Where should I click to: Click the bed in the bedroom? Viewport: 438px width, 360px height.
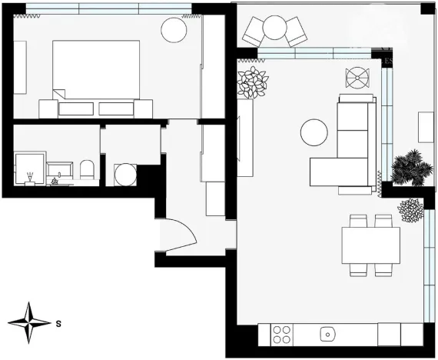point(96,69)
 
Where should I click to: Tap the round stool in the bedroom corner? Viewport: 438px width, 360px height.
point(173,31)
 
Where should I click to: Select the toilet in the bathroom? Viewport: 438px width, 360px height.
point(86,171)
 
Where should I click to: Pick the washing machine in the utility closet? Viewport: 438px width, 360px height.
point(123,174)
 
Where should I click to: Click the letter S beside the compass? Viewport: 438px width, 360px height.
point(58,324)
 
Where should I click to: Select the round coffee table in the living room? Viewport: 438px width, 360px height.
point(314,132)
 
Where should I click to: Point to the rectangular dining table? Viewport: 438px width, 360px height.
point(370,245)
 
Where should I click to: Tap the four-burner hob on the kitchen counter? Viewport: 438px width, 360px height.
point(282,335)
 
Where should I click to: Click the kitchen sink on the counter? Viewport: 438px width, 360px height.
point(327,335)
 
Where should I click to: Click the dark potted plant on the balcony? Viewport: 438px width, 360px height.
point(407,168)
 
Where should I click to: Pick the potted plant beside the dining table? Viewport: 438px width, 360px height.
point(411,209)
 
